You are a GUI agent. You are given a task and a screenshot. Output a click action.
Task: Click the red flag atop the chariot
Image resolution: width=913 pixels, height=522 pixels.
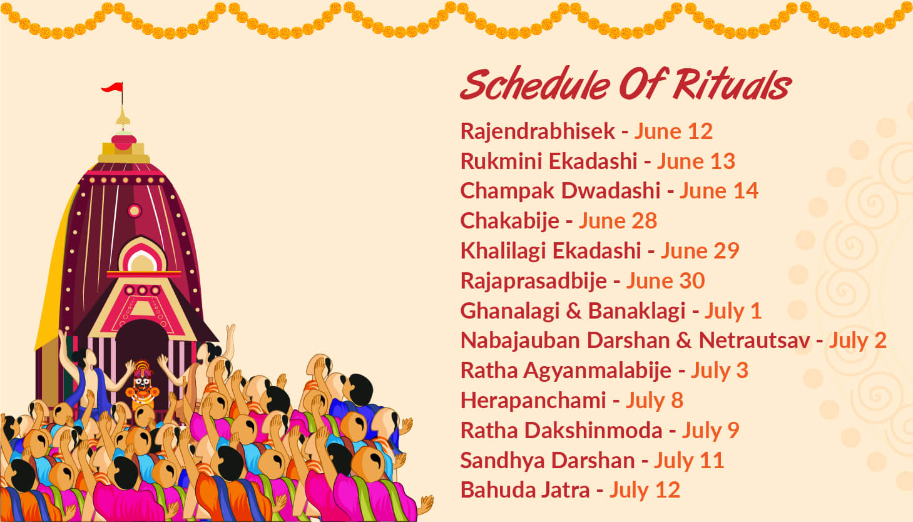113,87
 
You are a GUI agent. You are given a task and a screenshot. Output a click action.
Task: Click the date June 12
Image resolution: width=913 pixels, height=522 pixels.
673,131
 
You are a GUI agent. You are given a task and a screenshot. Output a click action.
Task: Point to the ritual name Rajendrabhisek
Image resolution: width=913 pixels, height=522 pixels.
538,131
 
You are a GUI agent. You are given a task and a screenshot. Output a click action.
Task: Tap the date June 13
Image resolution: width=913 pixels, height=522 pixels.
696,161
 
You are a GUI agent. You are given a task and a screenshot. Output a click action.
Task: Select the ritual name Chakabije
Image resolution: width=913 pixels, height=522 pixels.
510,221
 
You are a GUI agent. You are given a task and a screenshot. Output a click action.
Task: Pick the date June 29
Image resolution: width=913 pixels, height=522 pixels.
700,251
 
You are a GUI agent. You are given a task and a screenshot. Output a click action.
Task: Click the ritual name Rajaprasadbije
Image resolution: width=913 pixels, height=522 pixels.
534,281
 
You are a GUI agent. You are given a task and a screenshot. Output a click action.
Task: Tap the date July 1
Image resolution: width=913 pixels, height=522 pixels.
733,310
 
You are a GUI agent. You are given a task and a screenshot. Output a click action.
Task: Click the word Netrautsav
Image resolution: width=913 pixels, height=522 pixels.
755,340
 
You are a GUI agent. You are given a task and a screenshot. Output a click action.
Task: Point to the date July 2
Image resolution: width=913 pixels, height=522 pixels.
858,340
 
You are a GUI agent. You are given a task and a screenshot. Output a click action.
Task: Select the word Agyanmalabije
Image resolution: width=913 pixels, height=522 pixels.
598,371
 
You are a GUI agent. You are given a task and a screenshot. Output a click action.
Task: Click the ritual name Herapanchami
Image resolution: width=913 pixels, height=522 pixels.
533,401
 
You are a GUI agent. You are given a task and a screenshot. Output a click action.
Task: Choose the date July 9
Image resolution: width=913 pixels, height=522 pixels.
711,430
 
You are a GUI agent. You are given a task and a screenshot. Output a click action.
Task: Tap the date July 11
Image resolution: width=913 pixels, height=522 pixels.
689,461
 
